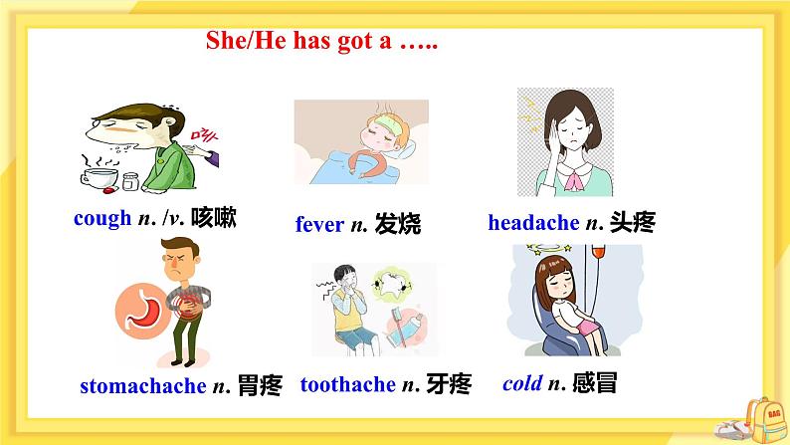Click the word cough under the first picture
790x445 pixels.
[102, 218]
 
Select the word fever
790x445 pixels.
[318, 224]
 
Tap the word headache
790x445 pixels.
[532, 222]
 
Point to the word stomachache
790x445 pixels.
[138, 385]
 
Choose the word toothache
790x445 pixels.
[347, 383]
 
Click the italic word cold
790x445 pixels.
[520, 383]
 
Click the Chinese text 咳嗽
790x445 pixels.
[214, 217]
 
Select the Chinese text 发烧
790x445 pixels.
[398, 224]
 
